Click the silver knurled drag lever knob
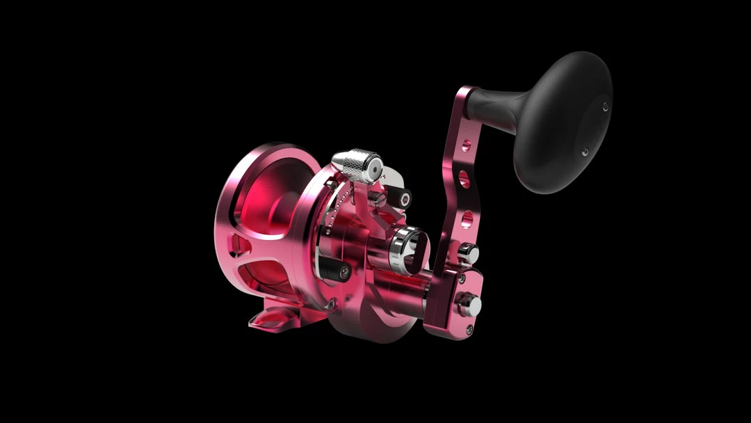tap(355, 165)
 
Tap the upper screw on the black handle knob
tap(605, 106)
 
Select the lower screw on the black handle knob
tap(585, 151)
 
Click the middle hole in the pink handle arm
tap(464, 182)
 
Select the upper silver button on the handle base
tap(469, 253)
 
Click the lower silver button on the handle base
tap(469, 304)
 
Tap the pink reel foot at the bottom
tap(278, 319)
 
